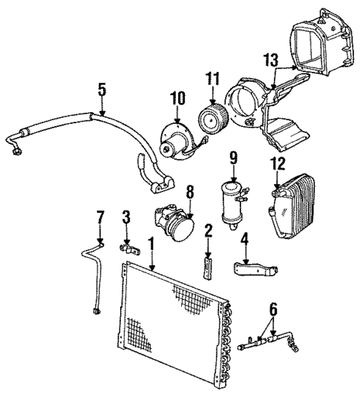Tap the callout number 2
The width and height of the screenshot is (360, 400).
tap(209, 231)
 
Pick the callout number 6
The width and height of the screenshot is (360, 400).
tap(273, 309)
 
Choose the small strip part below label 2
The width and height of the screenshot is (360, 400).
tap(209, 262)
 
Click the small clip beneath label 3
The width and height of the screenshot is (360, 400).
tap(129, 246)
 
